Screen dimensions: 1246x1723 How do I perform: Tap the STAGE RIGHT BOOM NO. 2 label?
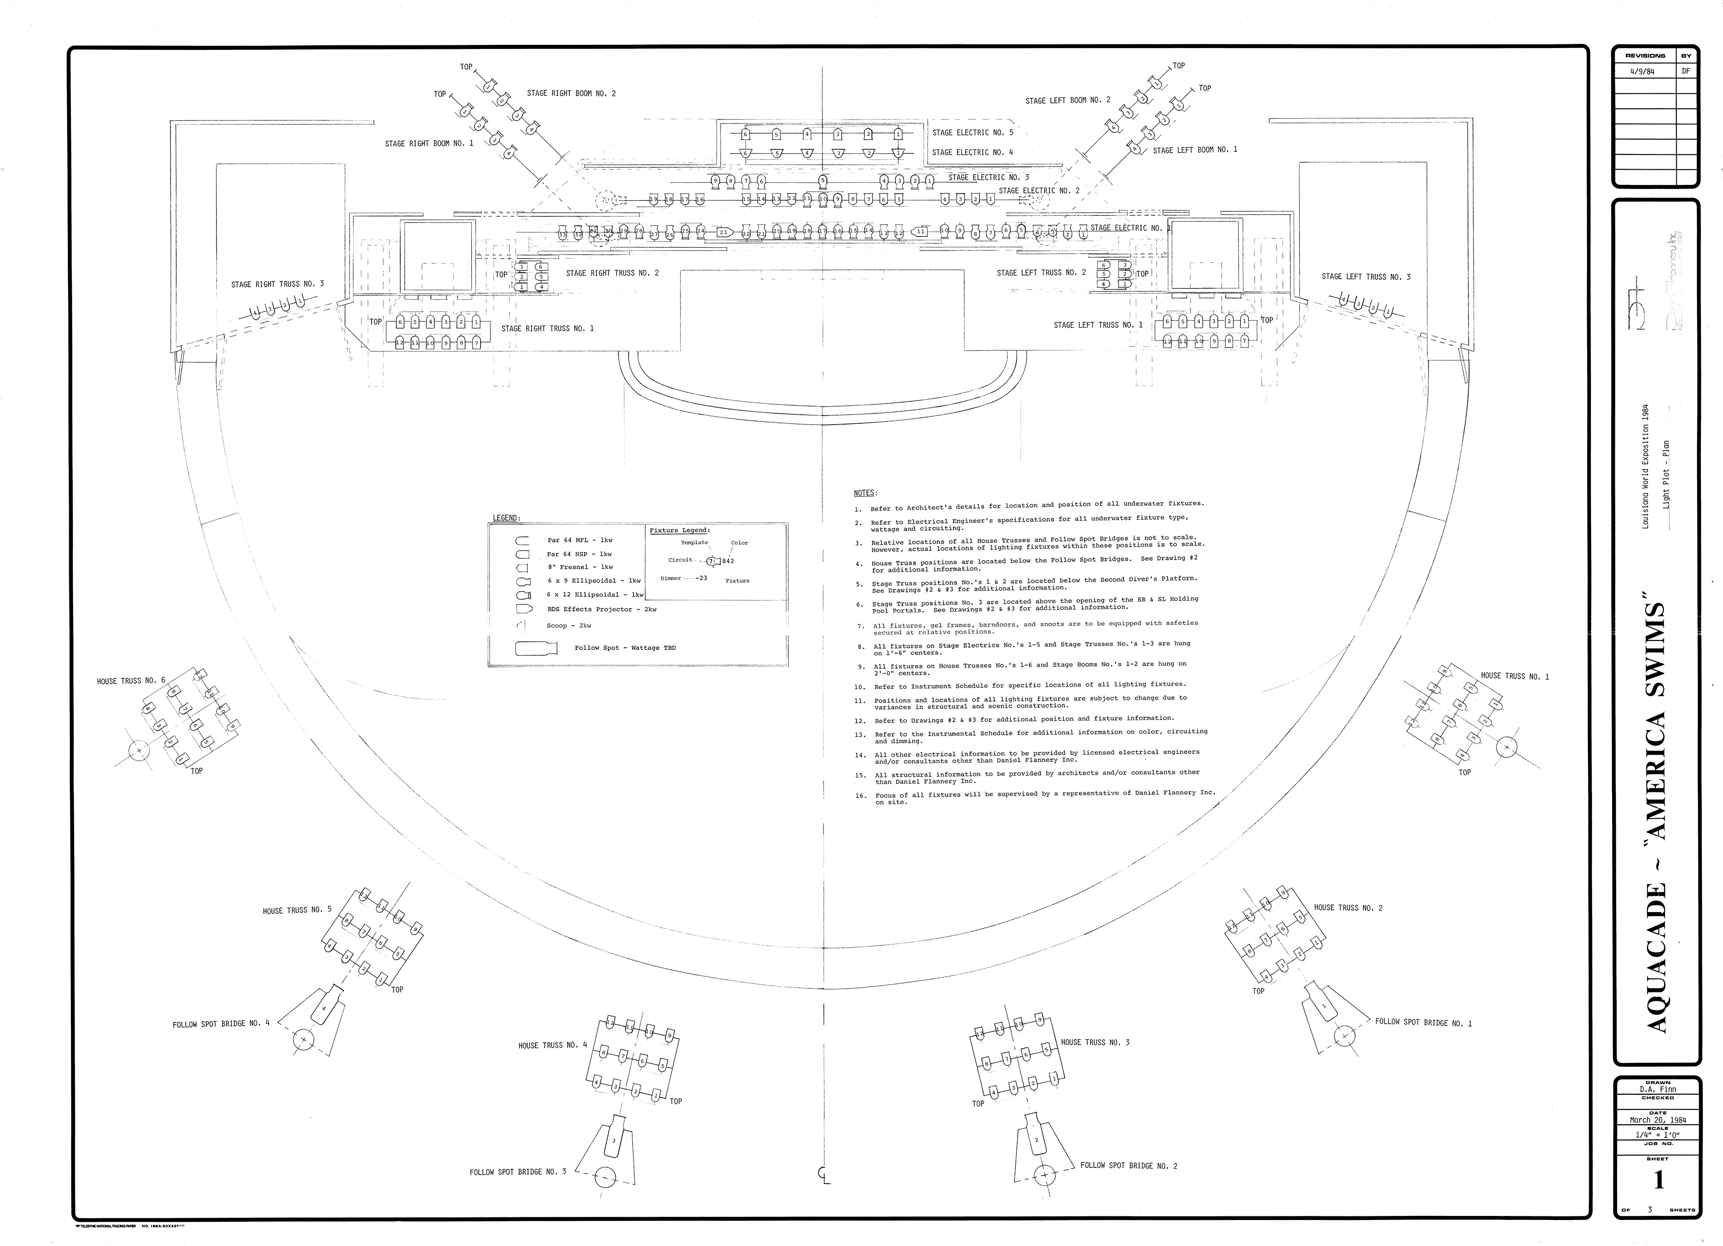pyautogui.click(x=571, y=93)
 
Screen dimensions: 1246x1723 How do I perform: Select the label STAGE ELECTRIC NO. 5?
pyautogui.click(x=972, y=132)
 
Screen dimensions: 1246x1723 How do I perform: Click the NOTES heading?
pyautogui.click(x=865, y=493)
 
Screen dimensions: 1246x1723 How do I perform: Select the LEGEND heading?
pyautogui.click(x=506, y=518)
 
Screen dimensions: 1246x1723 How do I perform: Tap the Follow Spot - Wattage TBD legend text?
pyautogui.click(x=625, y=648)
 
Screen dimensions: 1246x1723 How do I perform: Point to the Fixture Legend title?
pyautogui.click(x=680, y=530)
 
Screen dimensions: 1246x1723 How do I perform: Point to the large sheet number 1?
pyautogui.click(x=1658, y=1180)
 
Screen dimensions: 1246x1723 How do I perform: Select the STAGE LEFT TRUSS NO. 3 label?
pyautogui.click(x=1366, y=276)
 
